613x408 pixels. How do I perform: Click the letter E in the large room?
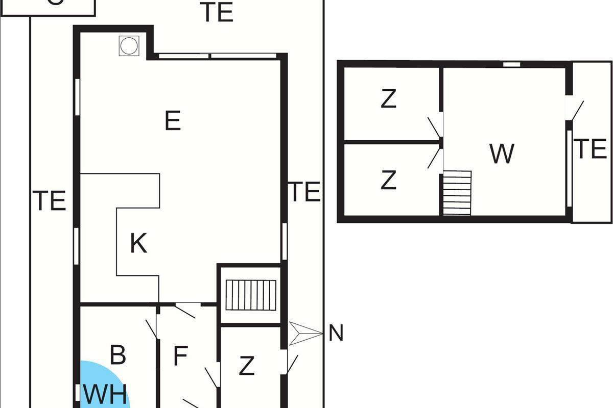pos(173,121)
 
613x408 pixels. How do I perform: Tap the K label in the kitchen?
pos(138,243)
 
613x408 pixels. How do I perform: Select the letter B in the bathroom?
pos(118,355)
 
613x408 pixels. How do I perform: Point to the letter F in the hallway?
pos(180,356)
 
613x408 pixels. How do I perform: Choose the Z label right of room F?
pos(247,366)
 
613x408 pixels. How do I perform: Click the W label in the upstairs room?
pos(502,154)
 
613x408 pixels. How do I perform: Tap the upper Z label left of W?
pos(389,99)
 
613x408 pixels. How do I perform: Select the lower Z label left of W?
pos(389,180)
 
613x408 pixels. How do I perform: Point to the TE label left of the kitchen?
pos(50,200)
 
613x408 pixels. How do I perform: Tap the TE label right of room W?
pos(591,149)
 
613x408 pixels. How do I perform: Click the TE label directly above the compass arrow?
pos(305,192)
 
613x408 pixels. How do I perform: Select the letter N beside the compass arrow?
pos(336,333)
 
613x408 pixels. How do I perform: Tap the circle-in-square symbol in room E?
pos(129,46)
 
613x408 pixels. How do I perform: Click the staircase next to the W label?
pos(457,193)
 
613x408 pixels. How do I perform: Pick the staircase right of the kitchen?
pos(251,294)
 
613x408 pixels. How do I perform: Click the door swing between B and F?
pos(152,328)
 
